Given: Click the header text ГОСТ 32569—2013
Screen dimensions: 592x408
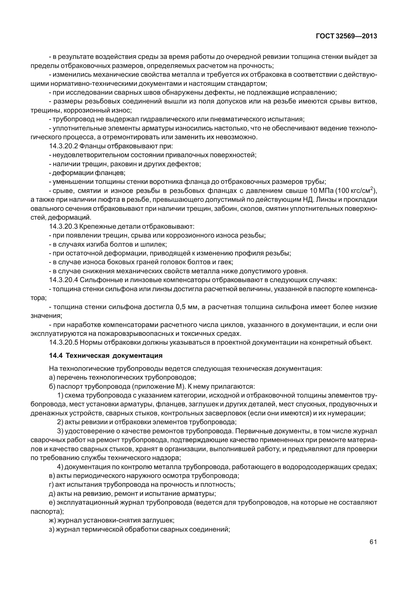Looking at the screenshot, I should (x=346, y=36).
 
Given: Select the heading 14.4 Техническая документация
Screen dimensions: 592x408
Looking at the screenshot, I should (x=106, y=356).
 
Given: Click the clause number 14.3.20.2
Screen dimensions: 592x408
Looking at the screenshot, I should (x=63, y=146).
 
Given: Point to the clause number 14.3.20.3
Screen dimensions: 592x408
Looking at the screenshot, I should (x=63, y=226).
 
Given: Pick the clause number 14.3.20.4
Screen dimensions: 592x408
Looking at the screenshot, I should (x=63, y=280).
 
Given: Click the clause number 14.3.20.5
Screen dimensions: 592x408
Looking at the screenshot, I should (x=63, y=343).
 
